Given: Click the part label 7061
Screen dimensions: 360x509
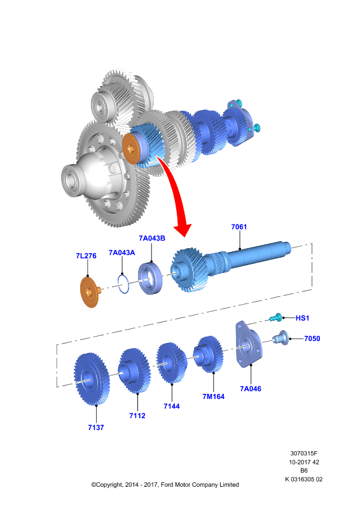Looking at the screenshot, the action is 239,227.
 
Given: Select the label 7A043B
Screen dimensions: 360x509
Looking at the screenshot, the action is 152,238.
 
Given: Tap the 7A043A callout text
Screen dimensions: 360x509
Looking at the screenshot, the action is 121,253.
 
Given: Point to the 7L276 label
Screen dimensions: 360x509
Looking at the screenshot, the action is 86,256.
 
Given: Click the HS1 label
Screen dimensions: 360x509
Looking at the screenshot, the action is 302,318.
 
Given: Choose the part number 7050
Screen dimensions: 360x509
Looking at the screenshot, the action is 312,338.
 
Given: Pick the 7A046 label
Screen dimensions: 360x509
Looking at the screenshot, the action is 250,389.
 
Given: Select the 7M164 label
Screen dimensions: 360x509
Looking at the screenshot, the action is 213,396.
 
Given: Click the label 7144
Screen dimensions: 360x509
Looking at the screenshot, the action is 171,406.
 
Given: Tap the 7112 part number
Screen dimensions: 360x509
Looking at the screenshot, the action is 137,416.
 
